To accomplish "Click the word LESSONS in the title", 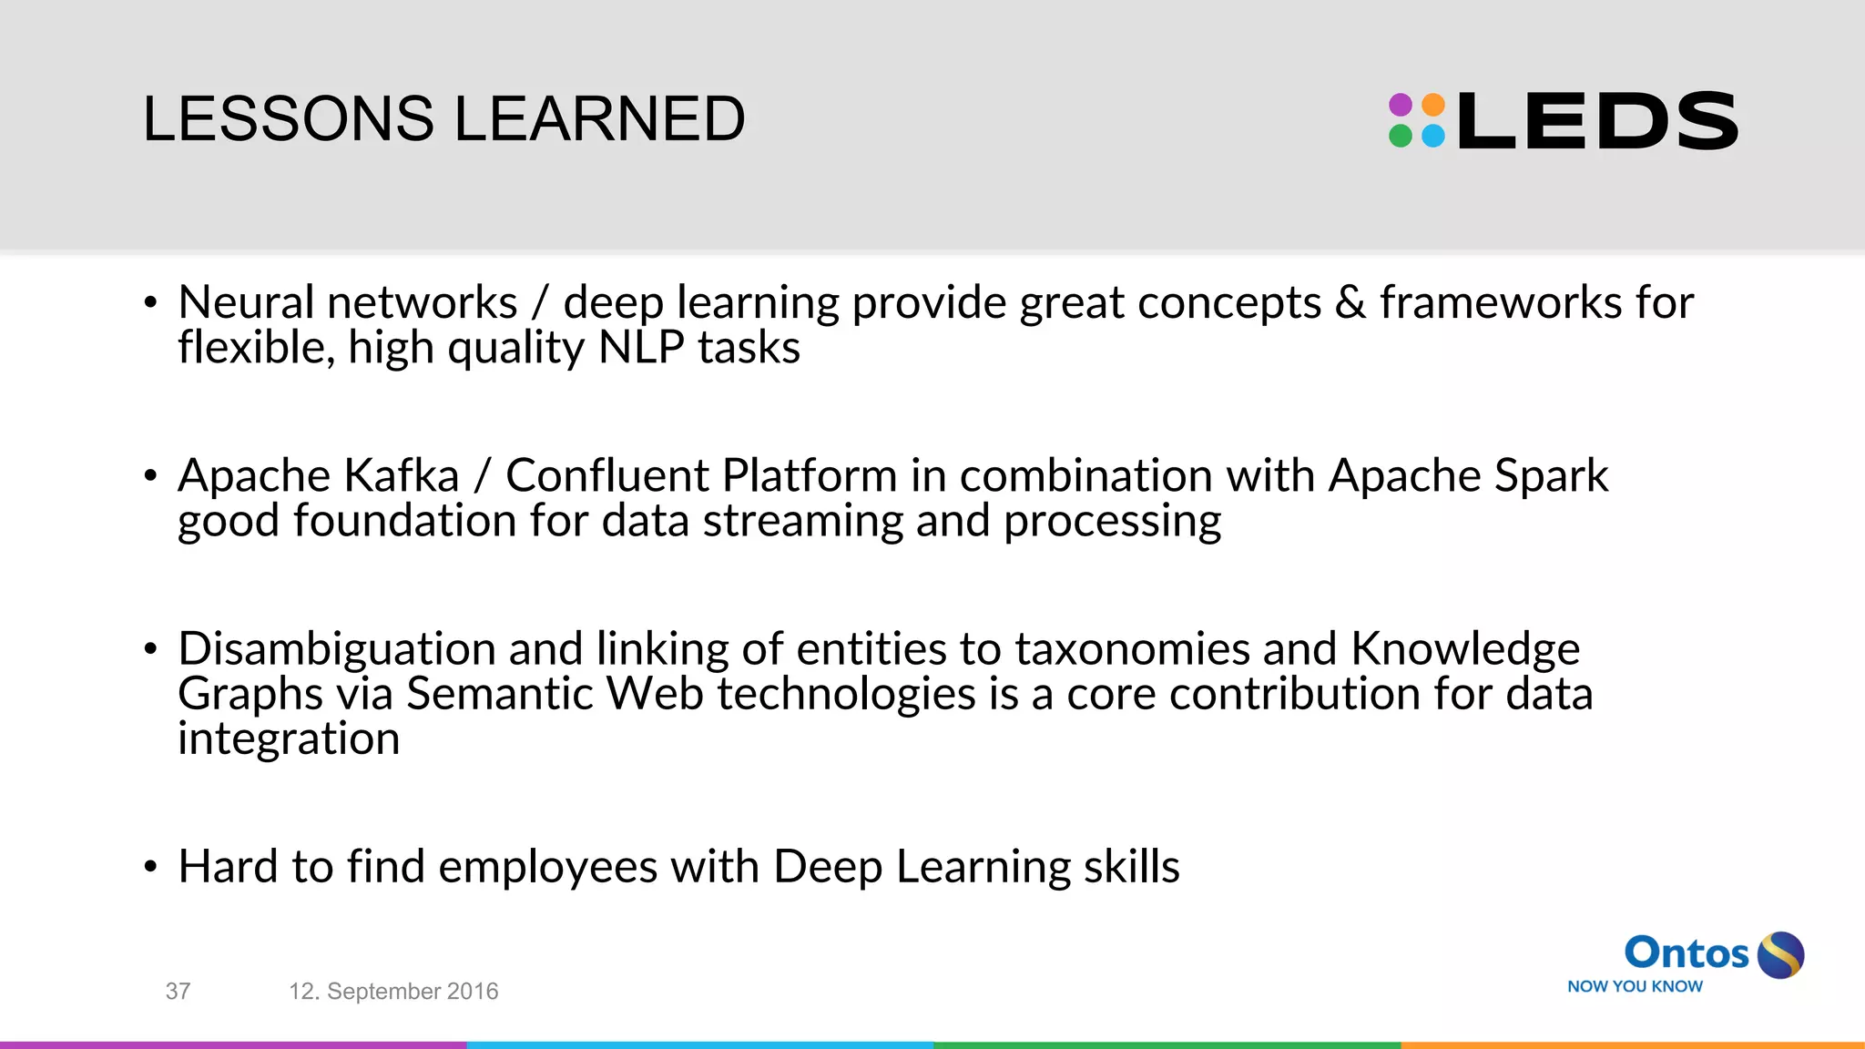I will [x=289, y=119].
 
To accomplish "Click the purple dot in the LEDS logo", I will [x=1401, y=104].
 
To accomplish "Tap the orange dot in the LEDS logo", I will [x=1433, y=104].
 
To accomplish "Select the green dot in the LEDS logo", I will [x=1401, y=137].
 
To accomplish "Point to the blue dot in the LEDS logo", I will [x=1433, y=137].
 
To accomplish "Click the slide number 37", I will [x=178, y=991].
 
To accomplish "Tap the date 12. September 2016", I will [x=393, y=991].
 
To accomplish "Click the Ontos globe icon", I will [x=1780, y=955].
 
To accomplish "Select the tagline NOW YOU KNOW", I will [x=1635, y=986].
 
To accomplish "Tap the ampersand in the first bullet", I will [x=1350, y=302].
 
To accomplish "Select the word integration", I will [x=289, y=738].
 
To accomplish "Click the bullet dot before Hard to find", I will [x=151, y=867].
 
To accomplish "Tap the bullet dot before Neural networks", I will [x=151, y=303].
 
